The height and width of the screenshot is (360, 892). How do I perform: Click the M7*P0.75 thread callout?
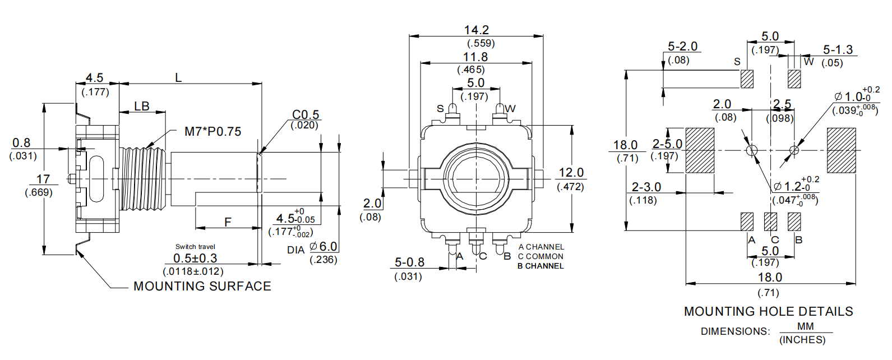(x=212, y=132)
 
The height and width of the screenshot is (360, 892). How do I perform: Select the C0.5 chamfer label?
(x=306, y=114)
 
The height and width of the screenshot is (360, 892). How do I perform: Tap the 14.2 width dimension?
(x=477, y=30)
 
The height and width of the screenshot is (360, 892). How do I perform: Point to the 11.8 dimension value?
(x=475, y=57)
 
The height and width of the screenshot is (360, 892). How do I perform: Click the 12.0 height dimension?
(x=571, y=173)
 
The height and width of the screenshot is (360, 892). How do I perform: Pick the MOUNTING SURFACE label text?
(x=202, y=287)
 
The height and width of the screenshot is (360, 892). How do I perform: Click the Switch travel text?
(x=195, y=247)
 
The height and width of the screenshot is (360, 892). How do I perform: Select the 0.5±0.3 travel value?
(x=195, y=259)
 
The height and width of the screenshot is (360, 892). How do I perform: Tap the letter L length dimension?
(x=178, y=78)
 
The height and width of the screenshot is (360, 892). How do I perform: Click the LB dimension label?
(x=142, y=106)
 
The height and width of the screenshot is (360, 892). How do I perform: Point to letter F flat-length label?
(x=228, y=223)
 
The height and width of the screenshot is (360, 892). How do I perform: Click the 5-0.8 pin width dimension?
(x=409, y=262)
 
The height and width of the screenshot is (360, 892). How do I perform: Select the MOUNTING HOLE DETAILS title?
(x=768, y=312)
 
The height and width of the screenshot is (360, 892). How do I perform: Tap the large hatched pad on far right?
(x=842, y=150)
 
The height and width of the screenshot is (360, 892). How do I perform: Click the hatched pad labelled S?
(x=747, y=79)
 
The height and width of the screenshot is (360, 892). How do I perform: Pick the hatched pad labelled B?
(x=794, y=221)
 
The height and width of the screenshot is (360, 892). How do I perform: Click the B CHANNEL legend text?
(x=540, y=266)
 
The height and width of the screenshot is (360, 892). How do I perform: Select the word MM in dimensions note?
(x=805, y=326)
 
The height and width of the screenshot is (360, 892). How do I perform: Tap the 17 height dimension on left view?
(x=43, y=179)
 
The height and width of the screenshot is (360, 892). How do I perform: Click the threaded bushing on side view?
(x=143, y=179)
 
